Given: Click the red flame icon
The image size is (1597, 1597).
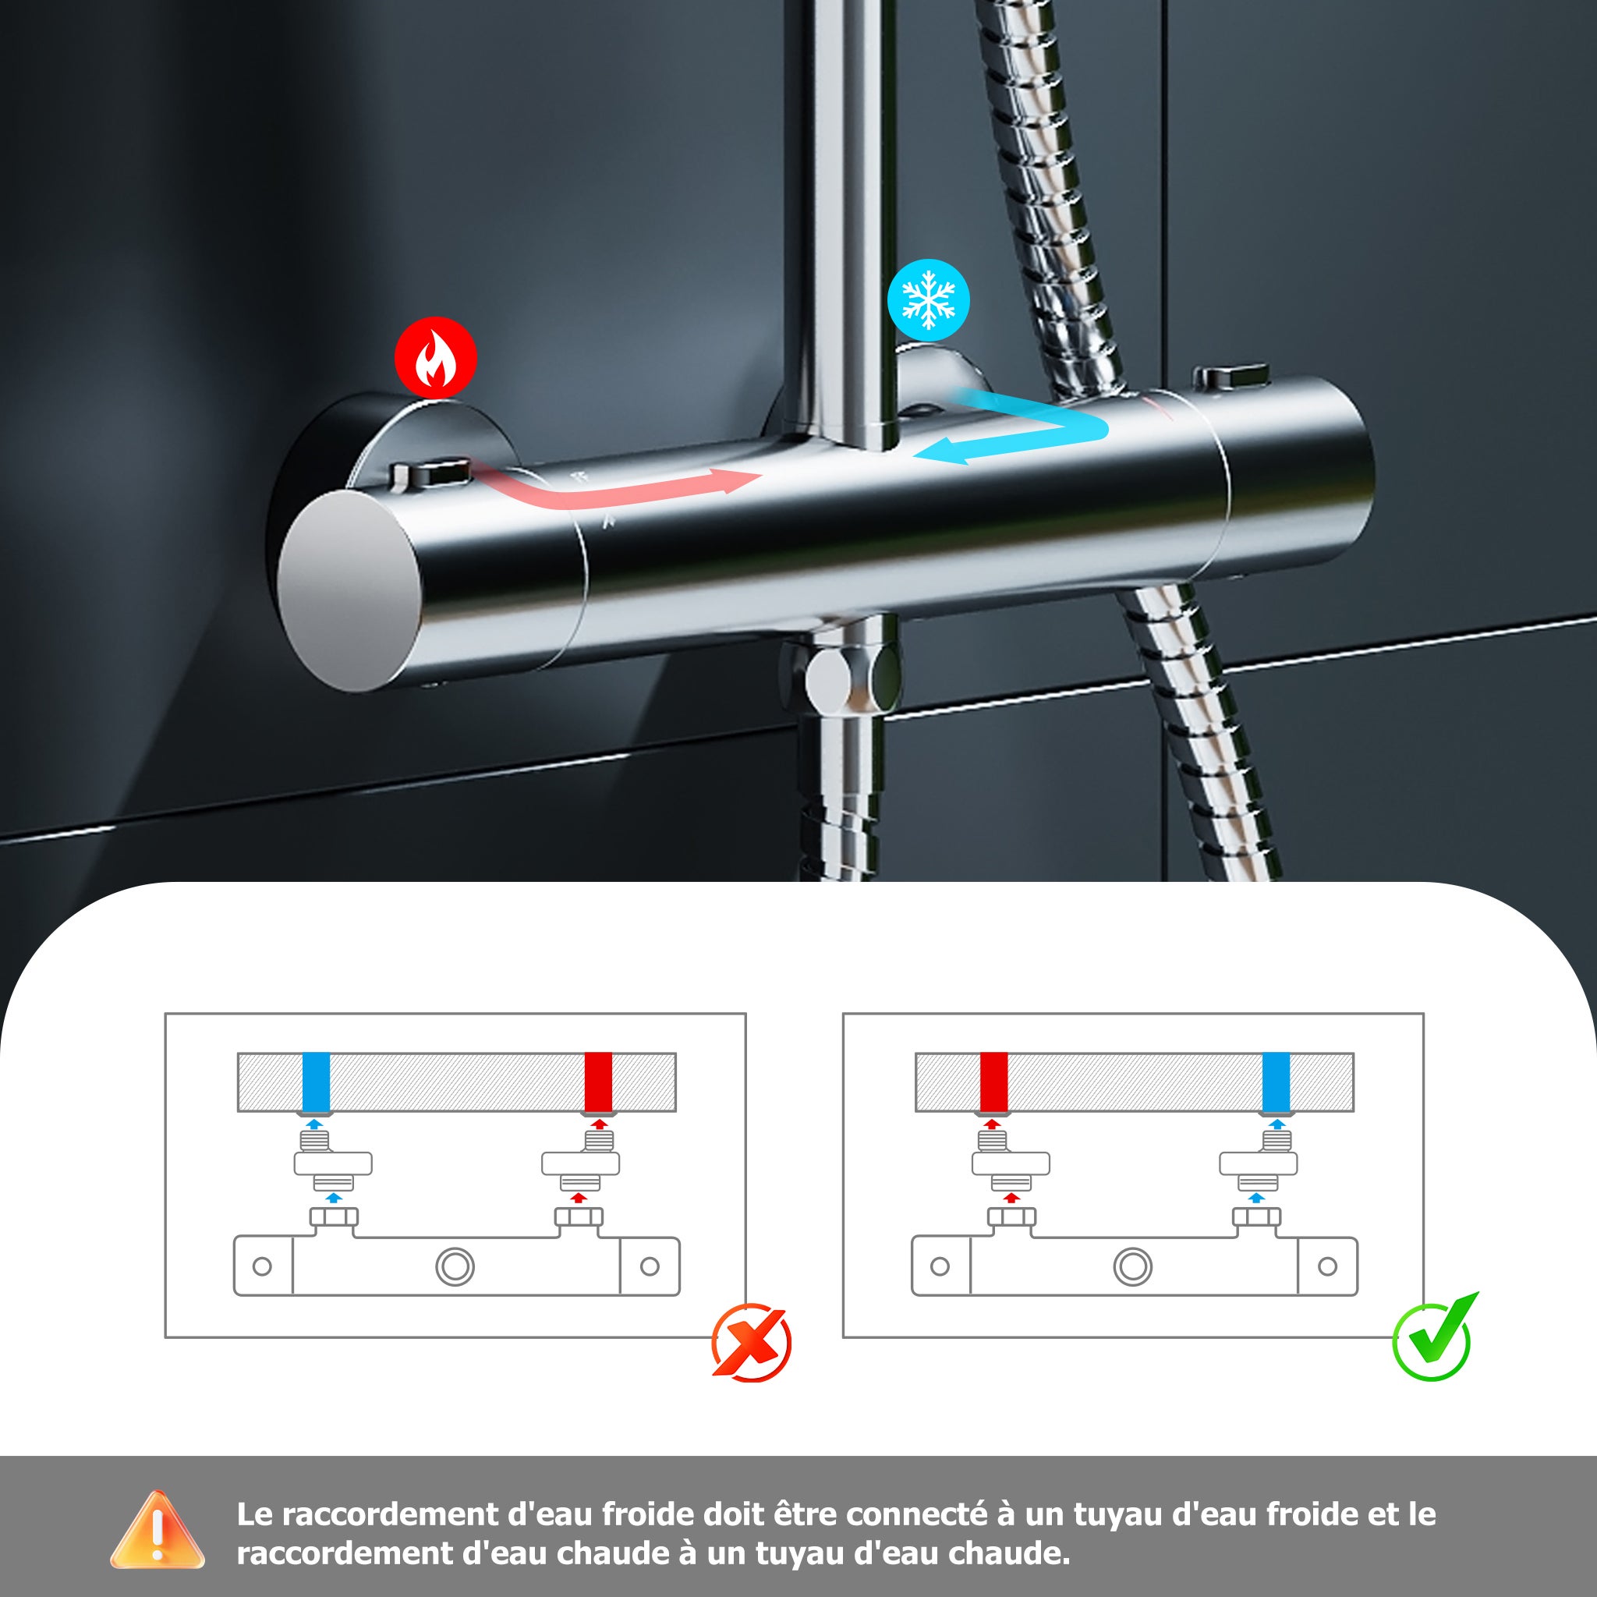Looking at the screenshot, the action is tap(435, 358).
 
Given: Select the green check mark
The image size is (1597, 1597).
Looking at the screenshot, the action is tap(1435, 1337).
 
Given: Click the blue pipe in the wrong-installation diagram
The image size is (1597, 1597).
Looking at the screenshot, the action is tap(316, 1082).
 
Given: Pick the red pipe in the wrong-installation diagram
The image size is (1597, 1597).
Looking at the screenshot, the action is tap(597, 1082).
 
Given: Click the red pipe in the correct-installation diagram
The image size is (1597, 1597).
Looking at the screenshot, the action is tap(993, 1082).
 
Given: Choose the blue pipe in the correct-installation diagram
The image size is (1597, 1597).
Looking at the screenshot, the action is tap(1277, 1082).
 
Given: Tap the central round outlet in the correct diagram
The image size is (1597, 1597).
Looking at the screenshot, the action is tap(1132, 1266).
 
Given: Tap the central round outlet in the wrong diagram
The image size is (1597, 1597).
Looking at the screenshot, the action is tap(455, 1266).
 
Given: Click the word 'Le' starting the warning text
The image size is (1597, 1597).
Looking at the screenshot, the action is tap(253, 1514).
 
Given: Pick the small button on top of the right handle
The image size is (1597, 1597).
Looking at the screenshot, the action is tap(1230, 375).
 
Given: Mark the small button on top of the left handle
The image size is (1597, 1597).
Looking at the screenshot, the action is tap(430, 473).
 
